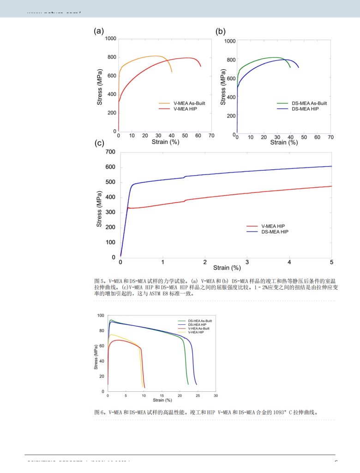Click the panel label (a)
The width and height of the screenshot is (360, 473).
click(x=98, y=31)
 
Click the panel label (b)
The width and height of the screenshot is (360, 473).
click(x=221, y=31)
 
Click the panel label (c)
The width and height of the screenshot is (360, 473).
click(x=100, y=143)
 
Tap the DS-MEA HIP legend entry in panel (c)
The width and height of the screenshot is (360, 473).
click(x=275, y=232)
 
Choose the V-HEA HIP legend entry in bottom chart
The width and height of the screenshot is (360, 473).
click(x=194, y=332)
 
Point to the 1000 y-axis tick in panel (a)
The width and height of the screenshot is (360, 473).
click(x=110, y=39)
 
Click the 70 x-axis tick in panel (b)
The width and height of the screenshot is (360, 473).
click(x=330, y=138)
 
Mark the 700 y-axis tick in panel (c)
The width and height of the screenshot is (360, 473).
click(x=111, y=152)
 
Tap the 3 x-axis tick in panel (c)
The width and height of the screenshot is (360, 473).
click(x=247, y=262)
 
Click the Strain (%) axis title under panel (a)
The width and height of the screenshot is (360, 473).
click(x=165, y=142)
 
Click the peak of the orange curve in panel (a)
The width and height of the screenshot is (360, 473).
click(x=156, y=56)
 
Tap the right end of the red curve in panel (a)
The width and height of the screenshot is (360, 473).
click(x=201, y=66)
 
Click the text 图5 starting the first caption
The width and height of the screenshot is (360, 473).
click(x=98, y=280)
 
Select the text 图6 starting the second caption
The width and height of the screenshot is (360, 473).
click(x=98, y=412)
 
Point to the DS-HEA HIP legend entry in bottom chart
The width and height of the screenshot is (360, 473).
click(x=195, y=324)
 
